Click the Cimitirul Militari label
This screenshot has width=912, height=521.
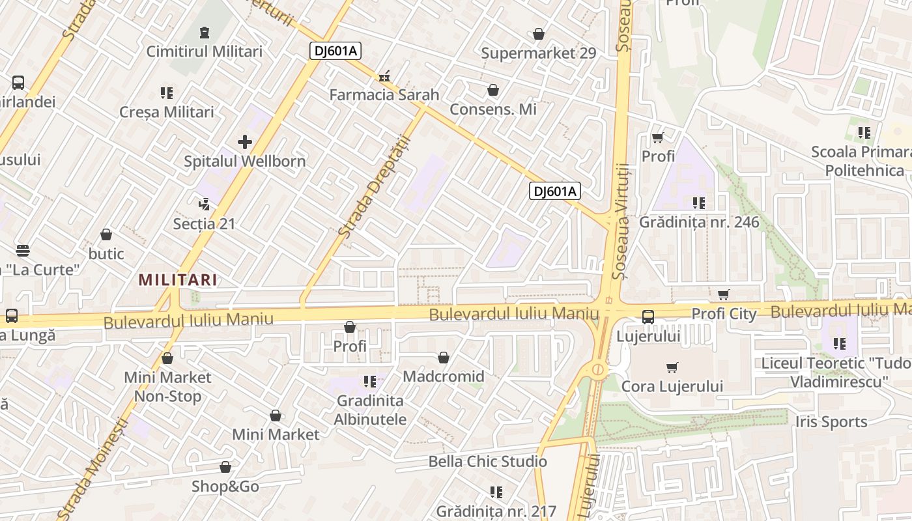[204, 51]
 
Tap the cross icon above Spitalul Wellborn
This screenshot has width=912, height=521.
[245, 141]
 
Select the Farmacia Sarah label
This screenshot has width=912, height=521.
[384, 94]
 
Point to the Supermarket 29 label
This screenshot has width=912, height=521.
[538, 53]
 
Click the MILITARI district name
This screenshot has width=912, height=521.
[178, 280]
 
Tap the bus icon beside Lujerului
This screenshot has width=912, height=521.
[648, 317]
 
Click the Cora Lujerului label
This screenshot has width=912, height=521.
[672, 386]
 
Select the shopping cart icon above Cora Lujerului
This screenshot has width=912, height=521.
[672, 368]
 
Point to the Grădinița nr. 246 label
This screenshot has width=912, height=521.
[699, 222]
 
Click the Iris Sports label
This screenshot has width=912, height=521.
[831, 422]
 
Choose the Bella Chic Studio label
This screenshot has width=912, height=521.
[487, 462]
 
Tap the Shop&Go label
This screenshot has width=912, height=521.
[225, 486]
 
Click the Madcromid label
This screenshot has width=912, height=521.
[444, 376]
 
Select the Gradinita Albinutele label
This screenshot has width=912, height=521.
[370, 410]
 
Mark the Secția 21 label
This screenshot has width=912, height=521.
[204, 224]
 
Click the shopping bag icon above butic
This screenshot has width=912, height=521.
[106, 234]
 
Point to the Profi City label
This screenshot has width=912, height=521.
[724, 314]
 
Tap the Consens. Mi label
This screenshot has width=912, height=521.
[493, 109]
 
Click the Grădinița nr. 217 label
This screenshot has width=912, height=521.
[496, 511]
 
